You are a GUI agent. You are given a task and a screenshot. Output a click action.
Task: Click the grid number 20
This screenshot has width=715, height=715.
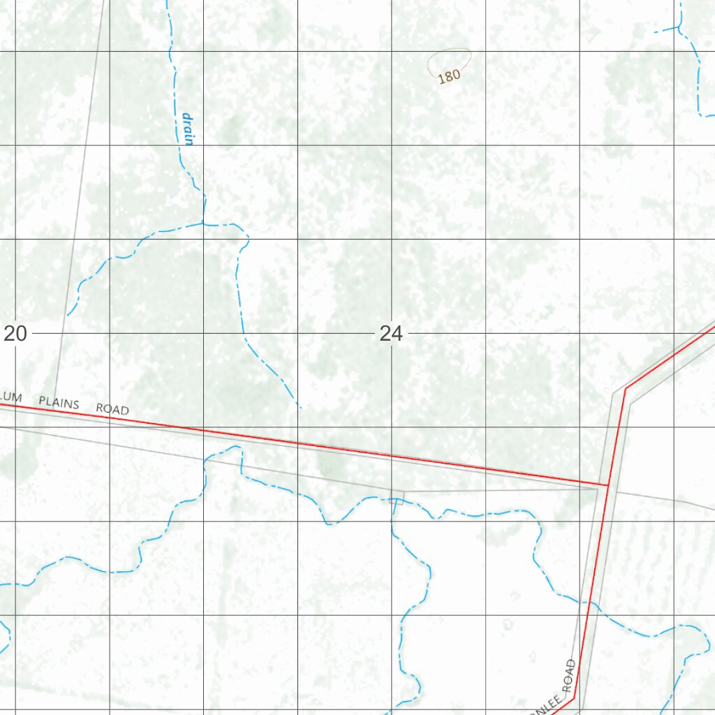tap(15, 334)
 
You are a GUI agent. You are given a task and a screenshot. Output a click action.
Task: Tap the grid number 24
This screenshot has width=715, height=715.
tap(391, 334)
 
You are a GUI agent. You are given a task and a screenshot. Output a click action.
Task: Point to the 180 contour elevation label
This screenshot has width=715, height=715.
tap(450, 75)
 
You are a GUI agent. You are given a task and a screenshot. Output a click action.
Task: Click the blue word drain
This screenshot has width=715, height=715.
tap(186, 128)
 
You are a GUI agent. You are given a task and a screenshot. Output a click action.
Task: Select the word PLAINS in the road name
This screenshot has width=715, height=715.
tap(59, 402)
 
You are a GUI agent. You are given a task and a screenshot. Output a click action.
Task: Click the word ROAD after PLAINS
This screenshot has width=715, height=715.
tap(112, 408)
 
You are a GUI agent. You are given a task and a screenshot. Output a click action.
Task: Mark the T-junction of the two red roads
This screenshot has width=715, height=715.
tap(607, 484)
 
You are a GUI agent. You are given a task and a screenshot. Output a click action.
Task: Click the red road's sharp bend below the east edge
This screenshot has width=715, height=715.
tap(626, 388)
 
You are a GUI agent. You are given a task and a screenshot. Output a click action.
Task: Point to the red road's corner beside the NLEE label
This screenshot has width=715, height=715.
tap(574, 698)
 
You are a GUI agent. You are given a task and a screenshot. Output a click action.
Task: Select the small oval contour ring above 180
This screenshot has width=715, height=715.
tap(448, 59)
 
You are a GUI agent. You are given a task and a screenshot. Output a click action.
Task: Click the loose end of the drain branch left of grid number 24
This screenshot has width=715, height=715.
tap(68, 315)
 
